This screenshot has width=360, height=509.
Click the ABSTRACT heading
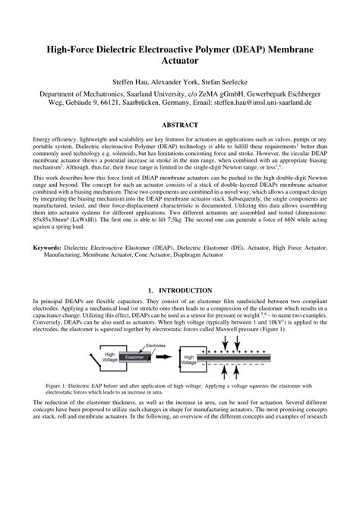tap(180, 145)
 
